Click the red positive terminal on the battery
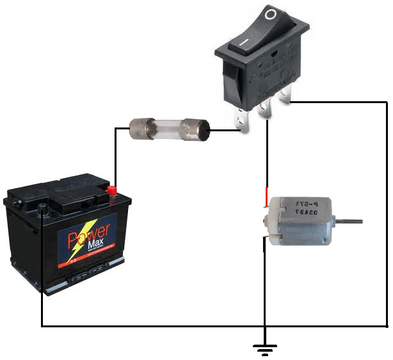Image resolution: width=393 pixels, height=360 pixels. click(112, 190)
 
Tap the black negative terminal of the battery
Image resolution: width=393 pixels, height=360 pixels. click(43, 207)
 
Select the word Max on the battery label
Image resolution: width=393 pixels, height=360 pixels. click(97, 245)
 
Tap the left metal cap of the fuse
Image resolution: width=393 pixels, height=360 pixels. click(140, 127)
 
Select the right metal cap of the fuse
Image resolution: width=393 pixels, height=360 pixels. click(195, 130)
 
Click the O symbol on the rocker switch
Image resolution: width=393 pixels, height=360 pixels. click(272, 14)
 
